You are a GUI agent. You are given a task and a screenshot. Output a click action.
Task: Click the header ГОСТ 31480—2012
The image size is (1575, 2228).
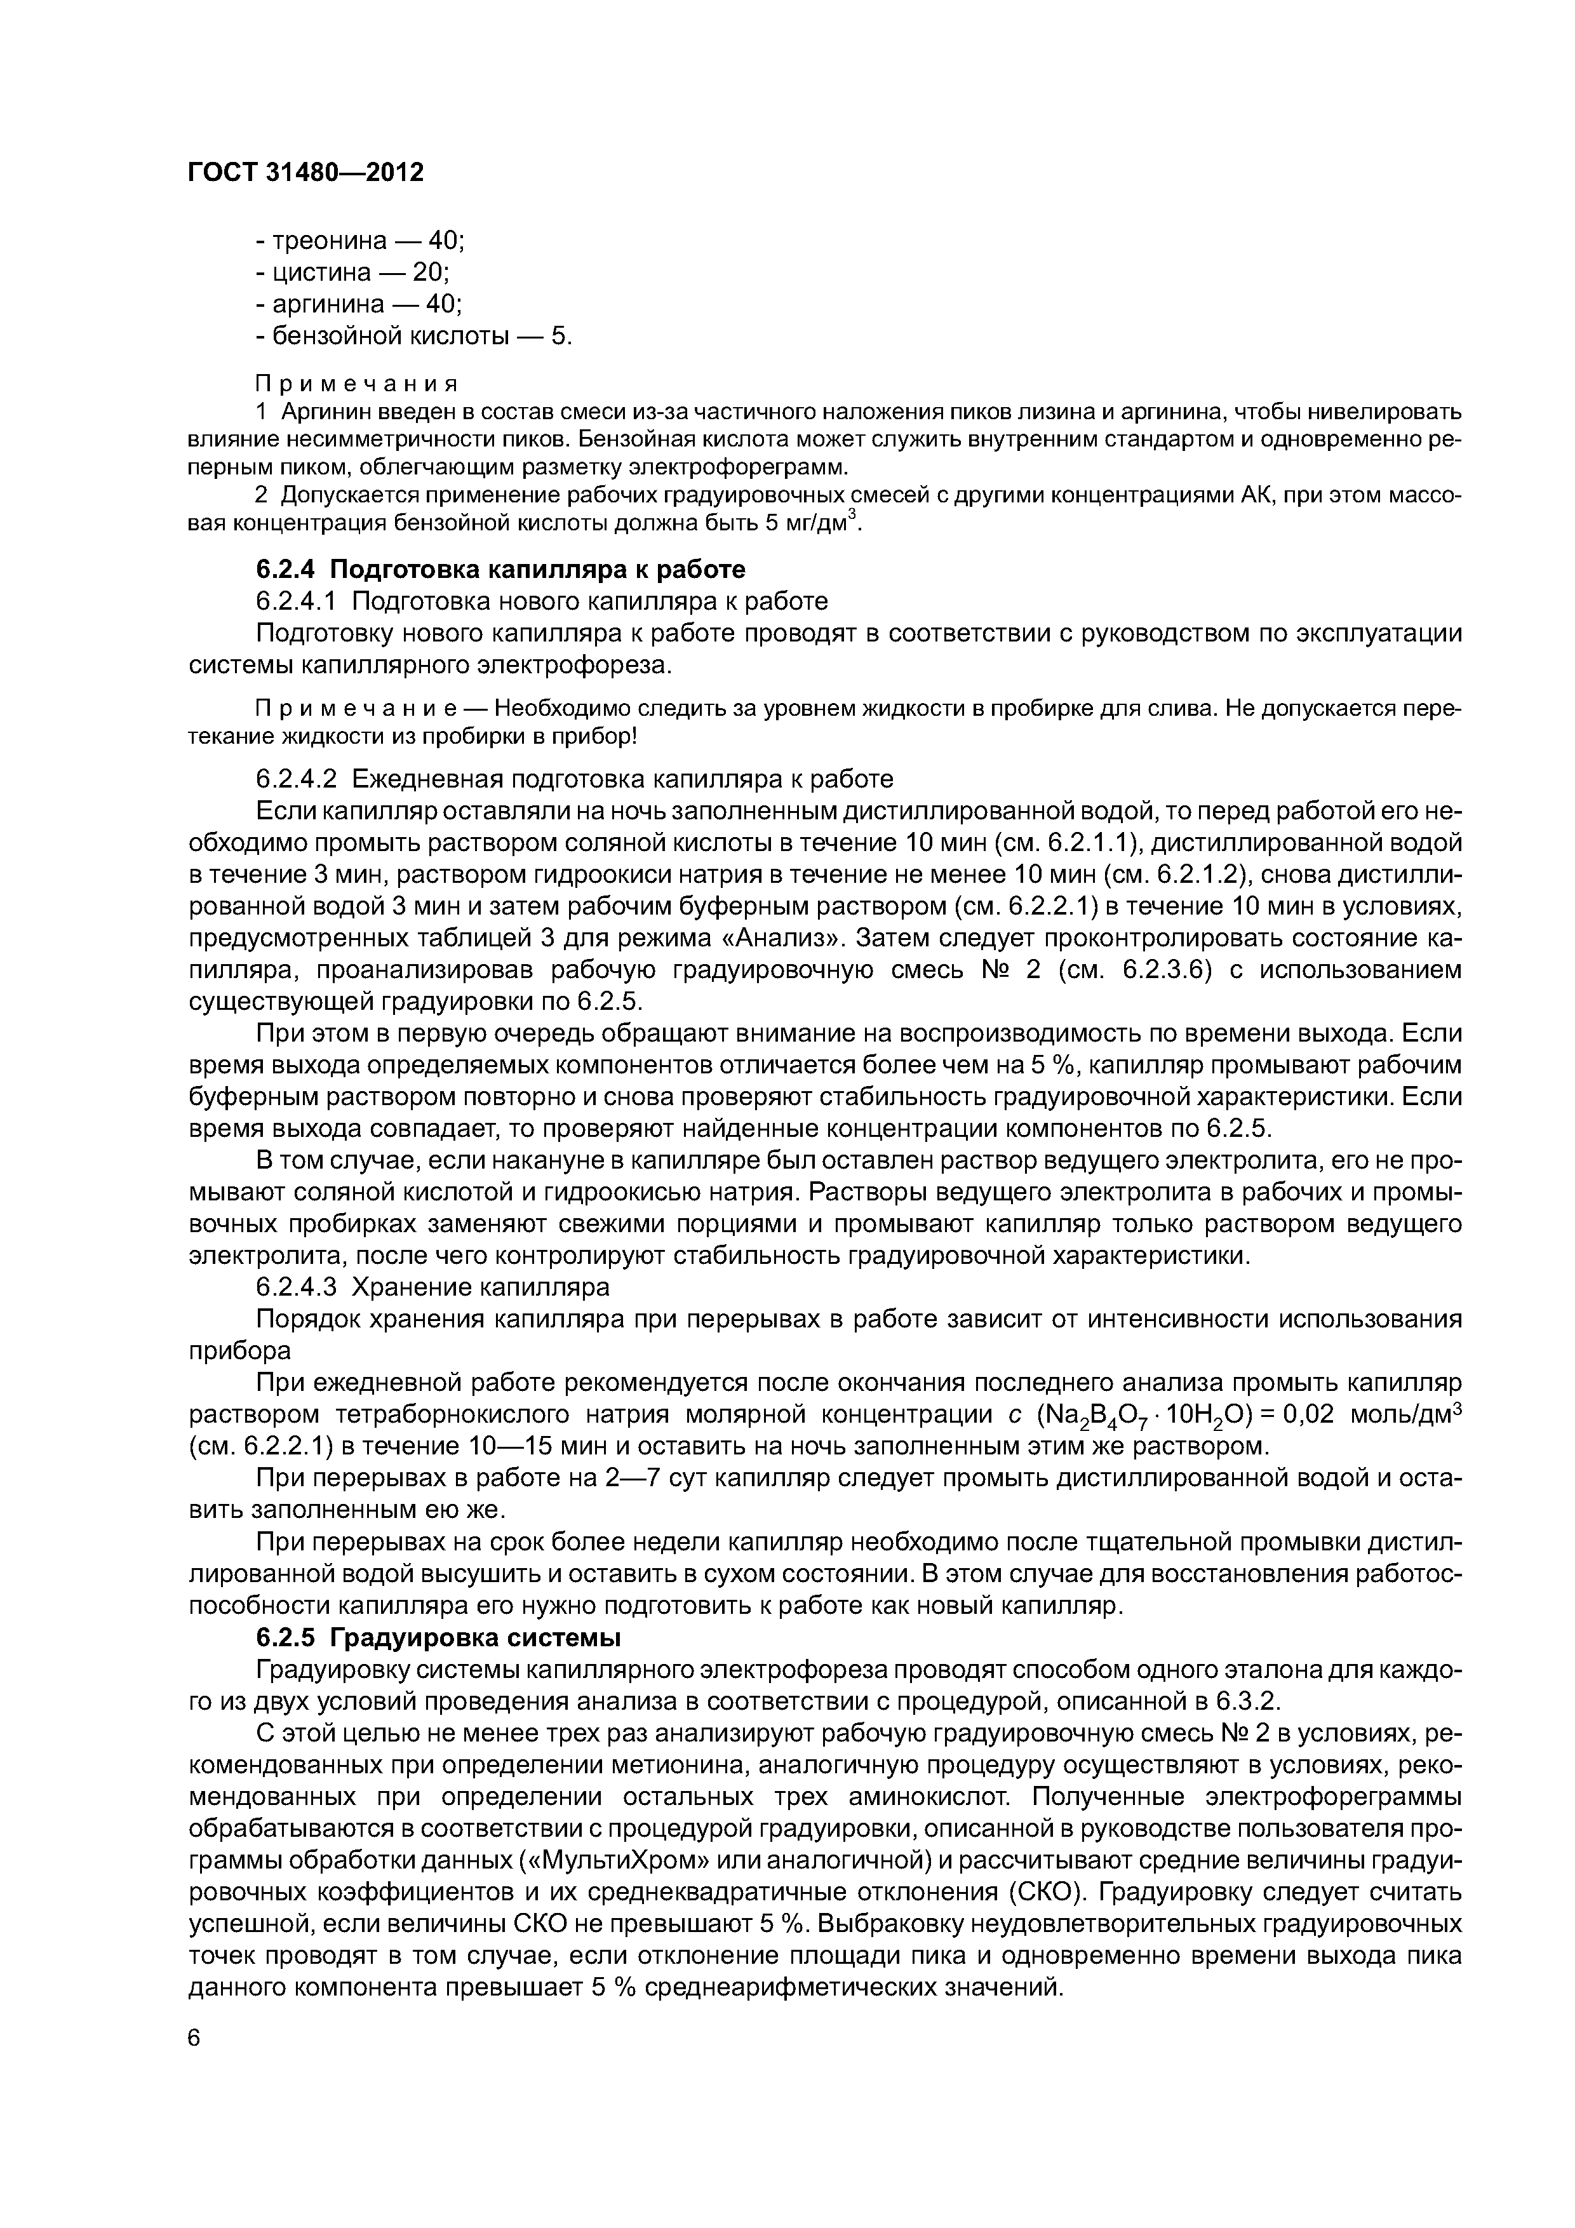[305, 173]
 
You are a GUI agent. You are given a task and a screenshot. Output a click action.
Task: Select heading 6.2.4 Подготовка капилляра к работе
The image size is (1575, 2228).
[500, 568]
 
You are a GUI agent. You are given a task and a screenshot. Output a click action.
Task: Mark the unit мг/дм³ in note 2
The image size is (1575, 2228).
[819, 523]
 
